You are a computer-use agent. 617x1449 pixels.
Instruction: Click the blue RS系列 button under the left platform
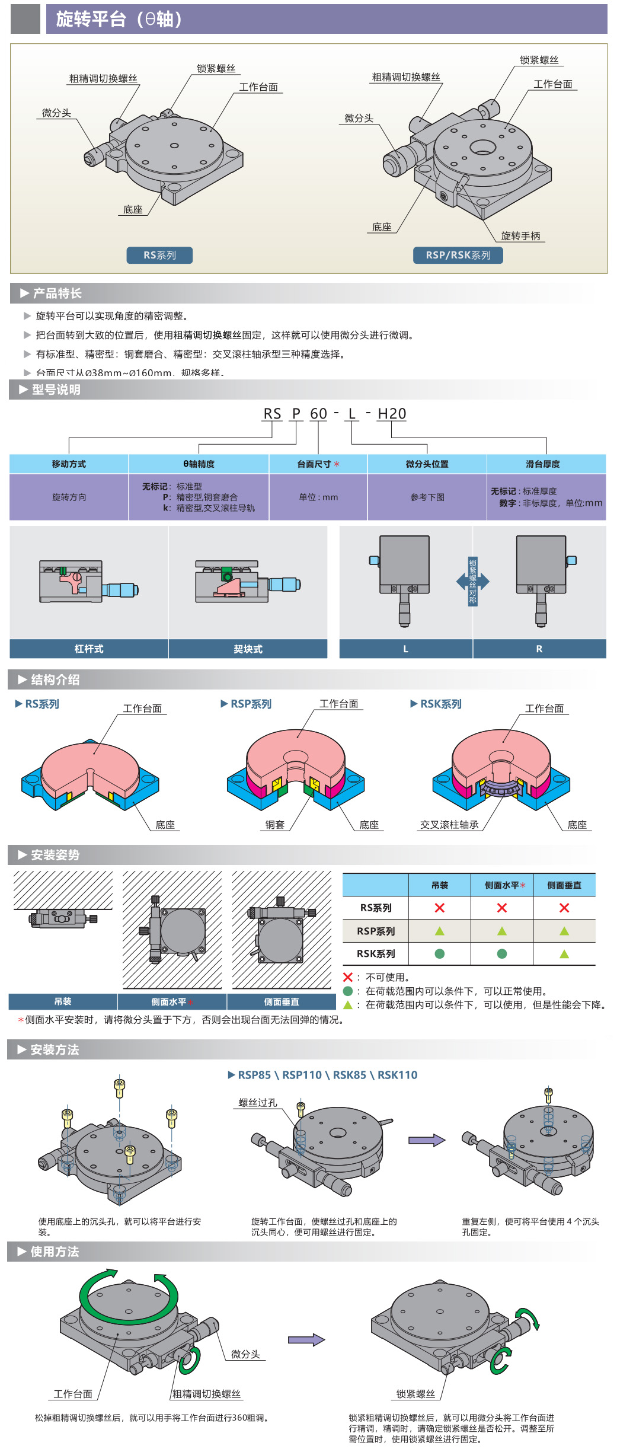(159, 255)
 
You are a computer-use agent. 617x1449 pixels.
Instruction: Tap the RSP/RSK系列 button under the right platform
(458, 255)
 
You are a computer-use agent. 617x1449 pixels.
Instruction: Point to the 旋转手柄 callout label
(520, 236)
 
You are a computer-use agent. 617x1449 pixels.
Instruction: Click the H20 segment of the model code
(392, 414)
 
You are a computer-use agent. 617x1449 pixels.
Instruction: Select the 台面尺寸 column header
(318, 464)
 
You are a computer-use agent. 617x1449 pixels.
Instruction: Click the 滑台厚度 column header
(542, 464)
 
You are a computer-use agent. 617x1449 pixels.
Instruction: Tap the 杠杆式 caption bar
(89, 649)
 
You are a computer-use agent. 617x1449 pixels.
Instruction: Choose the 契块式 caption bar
(248, 649)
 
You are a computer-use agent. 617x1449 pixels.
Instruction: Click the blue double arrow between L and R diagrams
(472, 582)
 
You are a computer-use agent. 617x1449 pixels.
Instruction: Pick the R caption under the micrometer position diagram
(539, 649)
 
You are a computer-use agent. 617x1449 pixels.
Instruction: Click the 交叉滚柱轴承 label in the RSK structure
(449, 825)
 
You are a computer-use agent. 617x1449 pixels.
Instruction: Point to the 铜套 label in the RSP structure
(274, 825)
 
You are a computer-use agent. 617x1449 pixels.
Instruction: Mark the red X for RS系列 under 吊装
(439, 908)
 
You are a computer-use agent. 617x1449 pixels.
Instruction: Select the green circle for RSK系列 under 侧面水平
(502, 954)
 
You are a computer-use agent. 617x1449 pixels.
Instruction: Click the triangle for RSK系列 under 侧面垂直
(564, 954)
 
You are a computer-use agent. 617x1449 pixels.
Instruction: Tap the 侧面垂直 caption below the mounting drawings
(282, 1002)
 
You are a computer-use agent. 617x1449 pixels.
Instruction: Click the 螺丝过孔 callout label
(257, 1103)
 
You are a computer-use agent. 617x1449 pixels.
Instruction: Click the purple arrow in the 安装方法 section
(426, 1140)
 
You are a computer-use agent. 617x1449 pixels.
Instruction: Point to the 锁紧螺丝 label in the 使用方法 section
(415, 1394)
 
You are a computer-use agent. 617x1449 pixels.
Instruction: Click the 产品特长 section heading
(57, 293)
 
